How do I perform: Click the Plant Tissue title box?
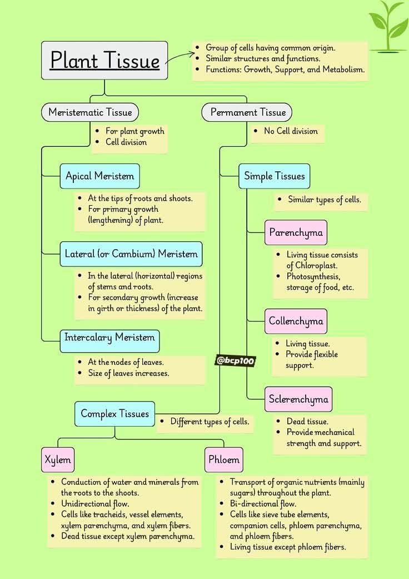pos(104,60)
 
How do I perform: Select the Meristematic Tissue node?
pos(90,112)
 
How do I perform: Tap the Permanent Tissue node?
pos(247,112)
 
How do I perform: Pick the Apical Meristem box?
pos(99,176)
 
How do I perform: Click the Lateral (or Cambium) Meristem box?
pos(131,254)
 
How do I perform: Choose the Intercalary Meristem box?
pos(109,341)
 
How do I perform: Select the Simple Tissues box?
pos(274,176)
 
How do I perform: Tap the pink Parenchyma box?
pos(296,232)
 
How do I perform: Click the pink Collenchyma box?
pos(296,321)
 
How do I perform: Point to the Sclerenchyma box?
pos(298,399)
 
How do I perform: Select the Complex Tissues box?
pos(114,414)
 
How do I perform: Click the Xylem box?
pos(58,460)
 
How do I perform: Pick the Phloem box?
pos(224,460)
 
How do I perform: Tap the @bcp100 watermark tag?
pos(235,361)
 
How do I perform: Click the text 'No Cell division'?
pos(291,131)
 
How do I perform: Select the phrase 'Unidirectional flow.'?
pos(95,504)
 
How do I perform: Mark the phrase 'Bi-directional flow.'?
pos(263,504)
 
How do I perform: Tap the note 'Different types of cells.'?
pos(210,422)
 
